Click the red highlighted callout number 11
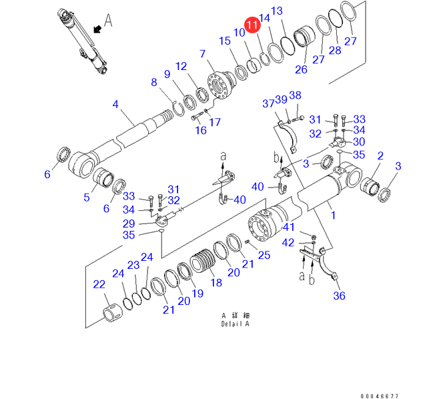[x=253, y=25]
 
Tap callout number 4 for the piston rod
[x=115, y=104]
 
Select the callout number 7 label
[x=202, y=53]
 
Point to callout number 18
[x=215, y=282]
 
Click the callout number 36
[x=339, y=296]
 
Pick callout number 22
[x=99, y=285]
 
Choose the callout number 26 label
[x=301, y=69]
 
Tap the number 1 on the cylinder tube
[x=332, y=215]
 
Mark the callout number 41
[x=288, y=228]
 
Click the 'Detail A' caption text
[x=235, y=324]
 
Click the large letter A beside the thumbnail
[x=108, y=21]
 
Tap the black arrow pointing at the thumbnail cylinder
[x=97, y=28]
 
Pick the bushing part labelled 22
[x=112, y=312]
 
